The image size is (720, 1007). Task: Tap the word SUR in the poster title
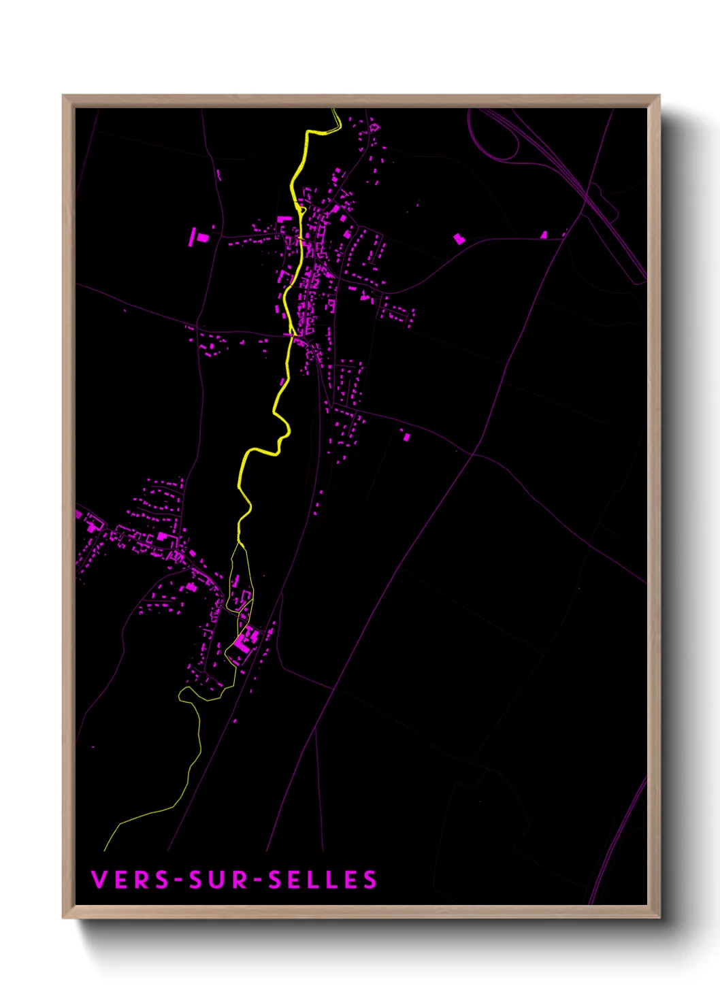(x=219, y=880)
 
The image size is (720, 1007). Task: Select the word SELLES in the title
(x=323, y=880)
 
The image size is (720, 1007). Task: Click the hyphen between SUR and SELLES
(x=257, y=880)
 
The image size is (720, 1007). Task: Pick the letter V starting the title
(x=98, y=880)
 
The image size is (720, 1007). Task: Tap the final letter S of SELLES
(x=370, y=880)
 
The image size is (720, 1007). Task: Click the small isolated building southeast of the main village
(x=406, y=436)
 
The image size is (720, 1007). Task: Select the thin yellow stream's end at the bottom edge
(x=105, y=849)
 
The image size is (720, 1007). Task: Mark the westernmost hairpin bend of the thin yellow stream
(x=180, y=693)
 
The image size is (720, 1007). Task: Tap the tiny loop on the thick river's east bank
(x=301, y=210)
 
